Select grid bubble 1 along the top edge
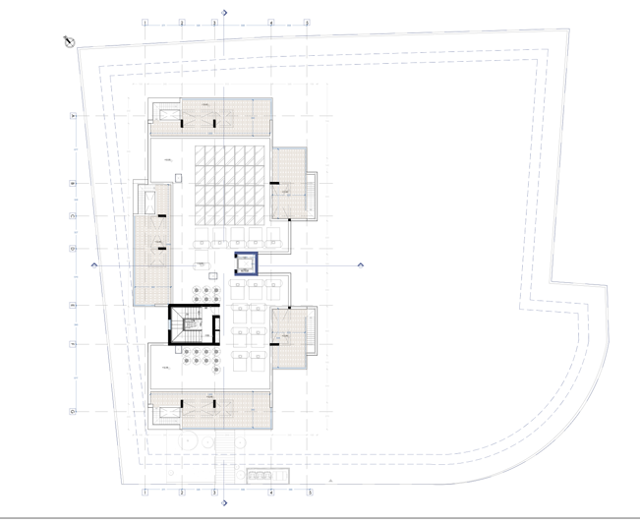click(x=145, y=22)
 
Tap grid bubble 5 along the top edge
click(x=307, y=22)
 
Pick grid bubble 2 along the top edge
click(x=181, y=22)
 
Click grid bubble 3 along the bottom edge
click(x=214, y=492)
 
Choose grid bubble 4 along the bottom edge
click(x=271, y=492)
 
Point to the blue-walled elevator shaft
click(x=245, y=264)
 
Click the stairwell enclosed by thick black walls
click(x=188, y=324)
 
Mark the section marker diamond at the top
click(x=225, y=12)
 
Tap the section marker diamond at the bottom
click(x=225, y=503)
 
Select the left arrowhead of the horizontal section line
click(x=94, y=264)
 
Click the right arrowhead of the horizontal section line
click(x=361, y=264)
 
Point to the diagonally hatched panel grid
click(x=230, y=184)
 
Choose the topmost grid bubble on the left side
click(x=73, y=116)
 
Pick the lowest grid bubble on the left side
click(x=73, y=412)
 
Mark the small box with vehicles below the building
click(x=267, y=476)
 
